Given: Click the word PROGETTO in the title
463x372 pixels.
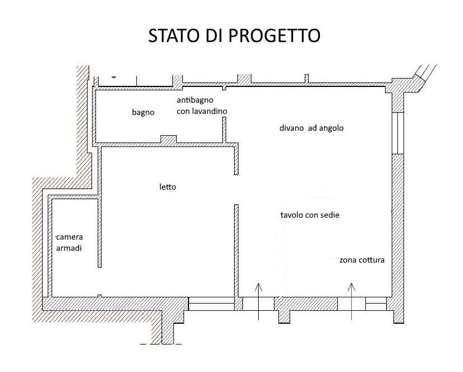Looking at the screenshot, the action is pyautogui.click(x=274, y=36).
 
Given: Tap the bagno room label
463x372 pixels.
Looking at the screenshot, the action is pyautogui.click(x=143, y=112).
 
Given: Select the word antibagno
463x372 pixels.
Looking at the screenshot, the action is pyautogui.click(x=195, y=100).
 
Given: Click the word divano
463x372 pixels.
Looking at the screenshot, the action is pyautogui.click(x=291, y=128).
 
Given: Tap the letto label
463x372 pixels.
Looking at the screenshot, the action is pyautogui.click(x=168, y=187).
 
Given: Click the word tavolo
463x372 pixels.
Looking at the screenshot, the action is pyautogui.click(x=292, y=215).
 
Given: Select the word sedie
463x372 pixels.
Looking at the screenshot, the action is pyautogui.click(x=330, y=215).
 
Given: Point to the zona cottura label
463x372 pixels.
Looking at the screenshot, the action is pyautogui.click(x=362, y=260).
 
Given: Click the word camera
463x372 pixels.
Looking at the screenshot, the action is pyautogui.click(x=70, y=237).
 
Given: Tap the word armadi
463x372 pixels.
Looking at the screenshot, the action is pyautogui.click(x=69, y=249).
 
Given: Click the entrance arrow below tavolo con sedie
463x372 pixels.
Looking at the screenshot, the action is pyautogui.click(x=258, y=301).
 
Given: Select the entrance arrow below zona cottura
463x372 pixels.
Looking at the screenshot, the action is pyautogui.click(x=351, y=301).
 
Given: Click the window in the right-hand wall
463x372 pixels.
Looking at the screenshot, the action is pyautogui.click(x=398, y=133).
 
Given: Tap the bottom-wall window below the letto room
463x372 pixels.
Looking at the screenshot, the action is pyautogui.click(x=212, y=304).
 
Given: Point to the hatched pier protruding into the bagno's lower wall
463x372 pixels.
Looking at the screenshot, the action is pyautogui.click(x=168, y=139).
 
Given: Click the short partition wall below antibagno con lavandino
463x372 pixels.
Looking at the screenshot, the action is pyautogui.click(x=224, y=130).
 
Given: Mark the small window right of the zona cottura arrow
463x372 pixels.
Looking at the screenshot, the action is pyautogui.click(x=376, y=304).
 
